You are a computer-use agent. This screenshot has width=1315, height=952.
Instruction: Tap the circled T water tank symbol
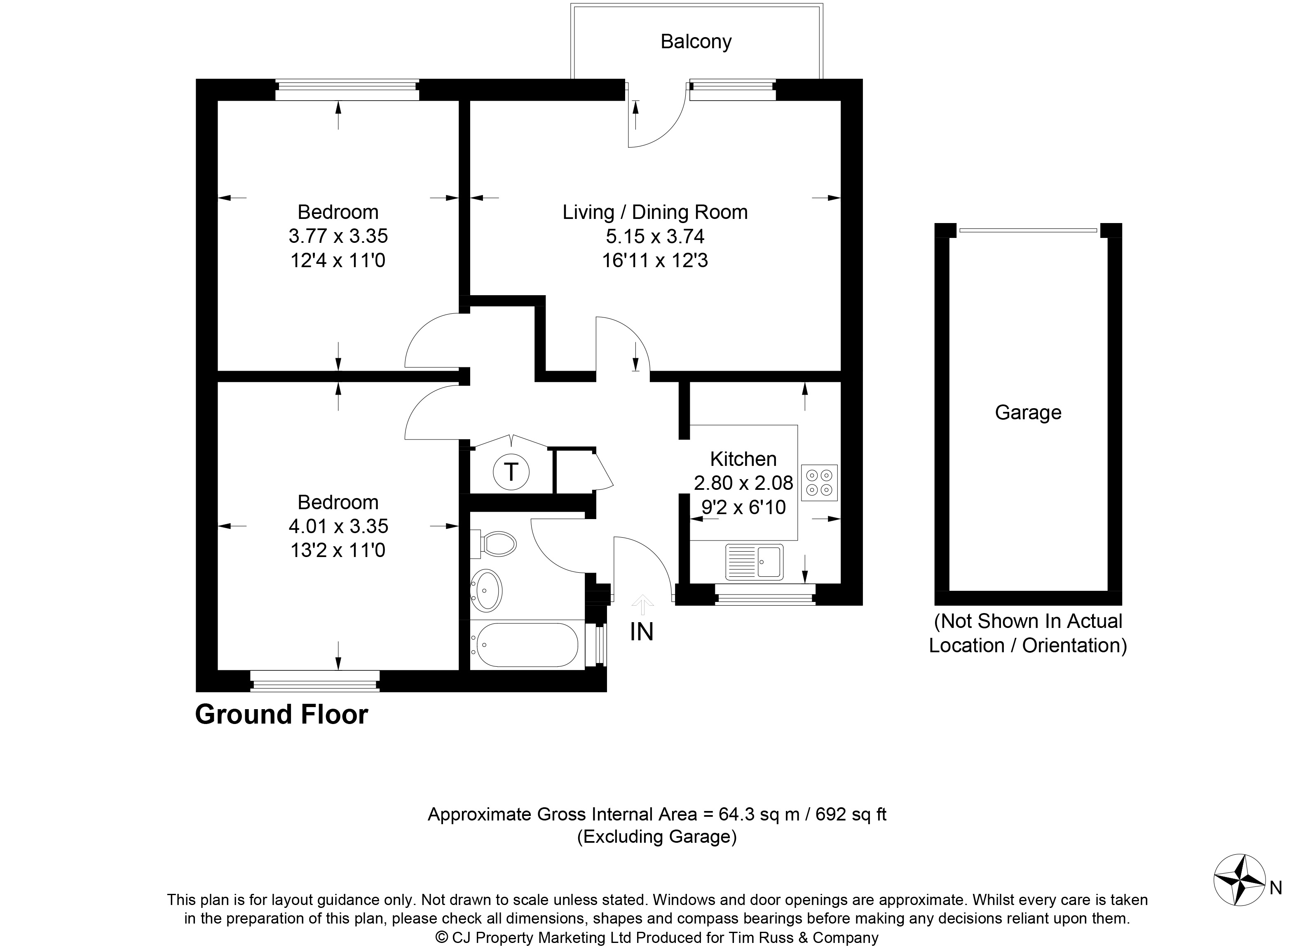point(511,472)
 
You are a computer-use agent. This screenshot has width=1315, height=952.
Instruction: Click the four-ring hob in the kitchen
point(819,483)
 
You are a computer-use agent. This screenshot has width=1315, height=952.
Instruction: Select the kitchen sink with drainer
point(754,562)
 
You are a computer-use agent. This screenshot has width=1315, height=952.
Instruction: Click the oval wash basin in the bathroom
point(486,590)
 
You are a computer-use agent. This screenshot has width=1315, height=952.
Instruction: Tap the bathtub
point(524,645)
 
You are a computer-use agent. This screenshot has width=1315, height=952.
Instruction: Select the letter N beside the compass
point(1276,888)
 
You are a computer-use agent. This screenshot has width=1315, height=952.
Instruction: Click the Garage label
point(1028,412)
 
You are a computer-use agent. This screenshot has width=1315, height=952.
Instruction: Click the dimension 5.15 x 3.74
point(655,237)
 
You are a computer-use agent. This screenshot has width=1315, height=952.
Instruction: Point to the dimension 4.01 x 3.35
point(338,526)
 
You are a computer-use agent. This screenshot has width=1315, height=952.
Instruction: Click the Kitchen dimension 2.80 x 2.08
point(743,483)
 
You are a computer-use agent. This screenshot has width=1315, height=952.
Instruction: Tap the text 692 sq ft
point(851,815)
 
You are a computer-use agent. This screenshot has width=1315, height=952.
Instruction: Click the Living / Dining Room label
point(655,212)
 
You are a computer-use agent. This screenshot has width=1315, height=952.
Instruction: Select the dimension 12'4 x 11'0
point(338,261)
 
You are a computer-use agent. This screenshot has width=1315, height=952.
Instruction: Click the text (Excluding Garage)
point(657,837)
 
